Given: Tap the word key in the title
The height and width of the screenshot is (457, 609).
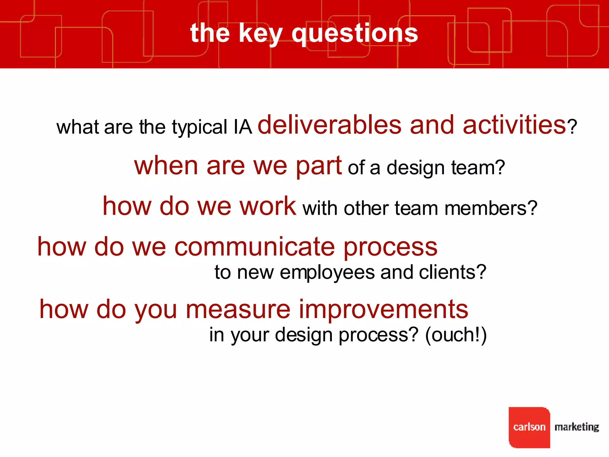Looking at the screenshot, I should pyautogui.click(x=260, y=33).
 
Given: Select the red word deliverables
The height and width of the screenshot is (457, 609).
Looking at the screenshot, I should pyautogui.click(x=329, y=125).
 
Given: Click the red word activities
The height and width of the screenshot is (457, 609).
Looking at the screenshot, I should pyautogui.click(x=514, y=125).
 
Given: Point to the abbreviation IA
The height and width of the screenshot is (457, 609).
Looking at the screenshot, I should pyautogui.click(x=243, y=127).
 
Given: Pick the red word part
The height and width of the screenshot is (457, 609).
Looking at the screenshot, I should pyautogui.click(x=318, y=167).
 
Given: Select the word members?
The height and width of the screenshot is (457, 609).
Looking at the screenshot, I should pyautogui.click(x=491, y=208).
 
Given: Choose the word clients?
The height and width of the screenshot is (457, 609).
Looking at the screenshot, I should pyautogui.click(x=452, y=272).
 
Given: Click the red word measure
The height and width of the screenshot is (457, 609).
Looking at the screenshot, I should pyautogui.click(x=238, y=309).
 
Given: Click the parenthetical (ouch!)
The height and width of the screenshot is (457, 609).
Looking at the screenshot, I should pyautogui.click(x=456, y=335).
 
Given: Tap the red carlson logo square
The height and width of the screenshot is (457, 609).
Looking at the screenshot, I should pyautogui.click(x=529, y=427).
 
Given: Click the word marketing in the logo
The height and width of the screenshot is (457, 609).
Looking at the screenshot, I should pyautogui.click(x=577, y=427).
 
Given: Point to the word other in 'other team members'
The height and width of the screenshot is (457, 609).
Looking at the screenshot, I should pyautogui.click(x=366, y=208).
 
